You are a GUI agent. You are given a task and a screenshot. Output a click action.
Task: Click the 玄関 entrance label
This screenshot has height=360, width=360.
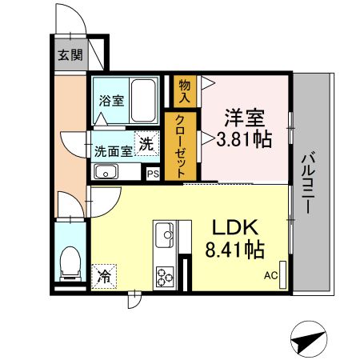(70, 55)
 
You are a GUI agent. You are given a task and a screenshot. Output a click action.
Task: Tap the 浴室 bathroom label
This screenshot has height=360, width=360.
(111, 101)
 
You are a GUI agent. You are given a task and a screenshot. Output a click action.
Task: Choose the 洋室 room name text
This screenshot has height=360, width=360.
(243, 118)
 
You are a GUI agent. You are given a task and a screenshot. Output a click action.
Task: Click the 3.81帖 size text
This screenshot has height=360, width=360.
(242, 141)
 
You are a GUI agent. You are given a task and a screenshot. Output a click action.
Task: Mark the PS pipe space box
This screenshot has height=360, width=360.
(153, 173)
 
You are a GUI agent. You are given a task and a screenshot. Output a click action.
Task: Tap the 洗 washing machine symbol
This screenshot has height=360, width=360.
(146, 144)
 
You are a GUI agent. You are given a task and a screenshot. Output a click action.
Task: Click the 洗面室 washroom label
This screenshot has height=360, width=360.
(114, 150)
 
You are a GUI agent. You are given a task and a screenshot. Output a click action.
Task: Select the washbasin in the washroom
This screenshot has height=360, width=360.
(106, 171)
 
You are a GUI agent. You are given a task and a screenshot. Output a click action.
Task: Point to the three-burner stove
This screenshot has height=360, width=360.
(166, 277)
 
